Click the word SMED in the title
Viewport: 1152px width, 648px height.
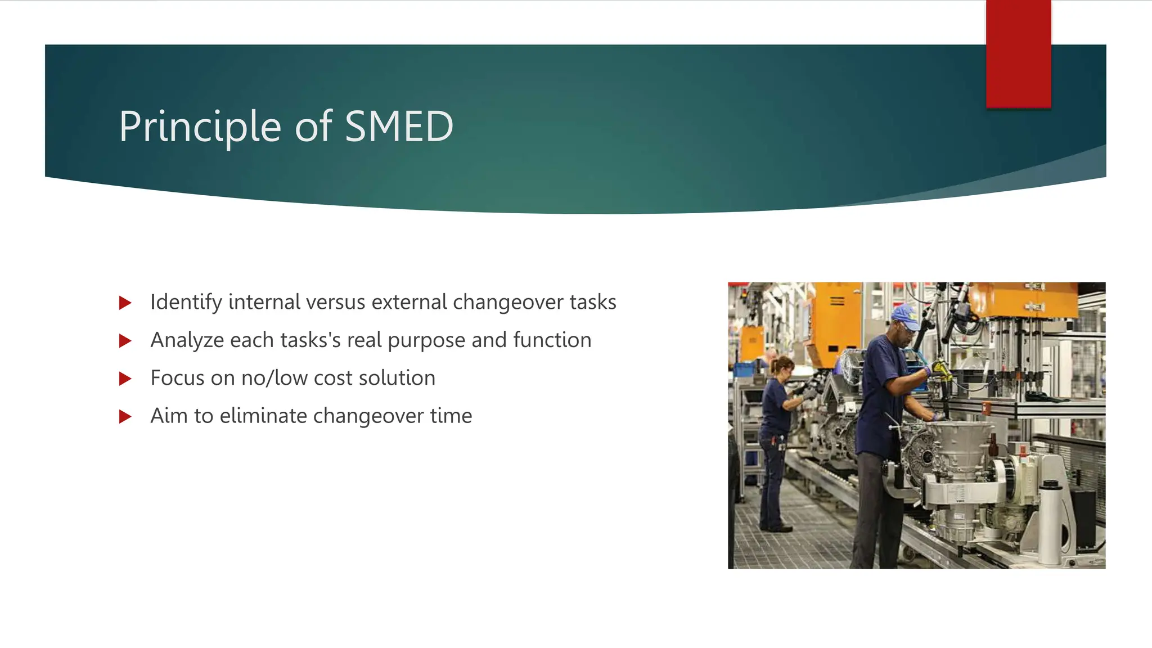point(398,127)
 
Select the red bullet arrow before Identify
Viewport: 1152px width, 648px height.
point(125,303)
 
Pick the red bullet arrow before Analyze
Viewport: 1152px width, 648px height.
point(125,341)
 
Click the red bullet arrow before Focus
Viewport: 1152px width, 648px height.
point(125,379)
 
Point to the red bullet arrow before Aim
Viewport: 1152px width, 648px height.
point(125,417)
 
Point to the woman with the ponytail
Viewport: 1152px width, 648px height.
point(776,427)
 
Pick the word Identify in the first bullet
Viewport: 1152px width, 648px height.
point(186,303)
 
